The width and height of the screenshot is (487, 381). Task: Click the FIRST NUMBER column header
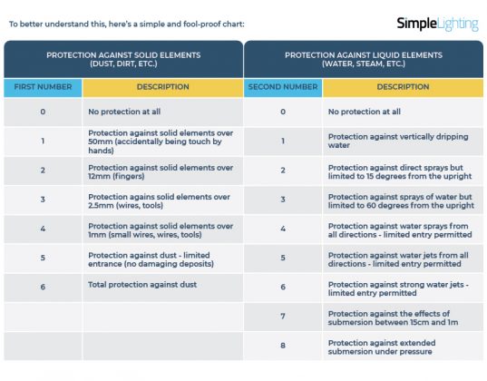(43, 87)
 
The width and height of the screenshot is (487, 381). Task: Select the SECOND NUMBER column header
(282, 87)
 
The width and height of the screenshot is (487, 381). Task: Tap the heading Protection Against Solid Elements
(122, 60)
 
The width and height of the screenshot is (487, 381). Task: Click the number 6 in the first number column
(43, 287)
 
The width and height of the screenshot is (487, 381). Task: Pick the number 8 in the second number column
(282, 346)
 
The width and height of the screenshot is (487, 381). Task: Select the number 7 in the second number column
(282, 317)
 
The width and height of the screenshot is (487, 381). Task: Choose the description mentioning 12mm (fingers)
(161, 170)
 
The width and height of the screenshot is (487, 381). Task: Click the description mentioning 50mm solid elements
(161, 141)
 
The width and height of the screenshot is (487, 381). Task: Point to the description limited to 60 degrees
(398, 200)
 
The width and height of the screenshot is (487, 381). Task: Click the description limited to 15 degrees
(398, 170)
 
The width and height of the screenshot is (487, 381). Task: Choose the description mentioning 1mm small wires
(161, 229)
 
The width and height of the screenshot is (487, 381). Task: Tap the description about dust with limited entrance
(161, 259)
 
